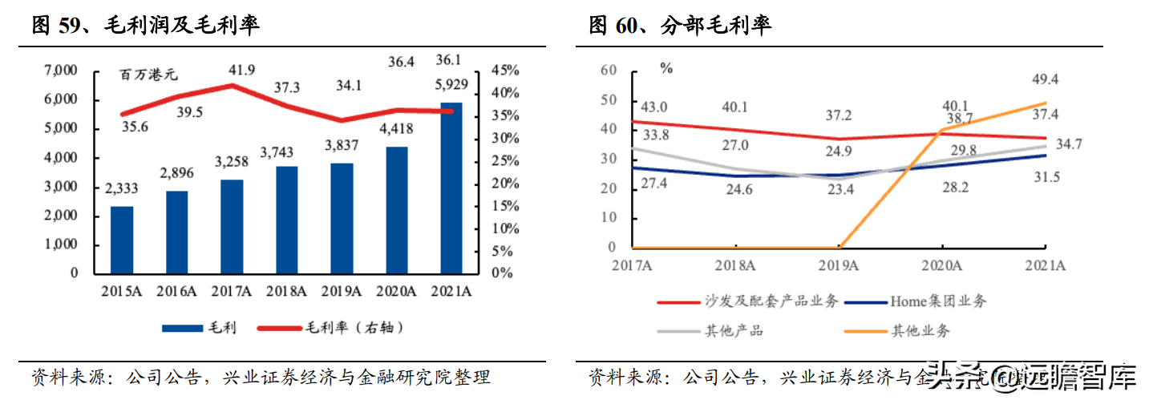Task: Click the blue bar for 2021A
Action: pyautogui.click(x=452, y=188)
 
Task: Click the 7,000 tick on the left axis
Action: pyautogui.click(x=61, y=71)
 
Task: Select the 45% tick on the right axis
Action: pyautogui.click(x=506, y=71)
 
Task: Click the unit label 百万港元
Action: pyautogui.click(x=149, y=75)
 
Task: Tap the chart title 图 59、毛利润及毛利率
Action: pyautogui.click(x=145, y=26)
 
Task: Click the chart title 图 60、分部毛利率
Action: pyautogui.click(x=680, y=26)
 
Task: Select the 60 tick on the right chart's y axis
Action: pyautogui.click(x=608, y=71)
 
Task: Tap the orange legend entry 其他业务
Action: pyautogui.click(x=919, y=330)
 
